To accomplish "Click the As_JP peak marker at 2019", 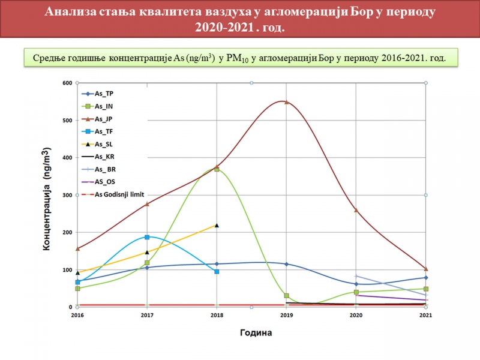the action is (287, 102).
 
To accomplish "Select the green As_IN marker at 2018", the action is (217, 169).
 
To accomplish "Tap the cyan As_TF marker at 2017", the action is (147, 237).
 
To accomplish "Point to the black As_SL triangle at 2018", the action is (217, 226).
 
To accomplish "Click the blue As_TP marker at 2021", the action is (426, 278).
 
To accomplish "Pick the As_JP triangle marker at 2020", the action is (356, 210).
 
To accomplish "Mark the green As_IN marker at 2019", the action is (287, 296).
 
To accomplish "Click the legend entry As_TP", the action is (98, 94).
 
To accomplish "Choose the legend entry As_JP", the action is (98, 119).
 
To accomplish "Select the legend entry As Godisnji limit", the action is (113, 194).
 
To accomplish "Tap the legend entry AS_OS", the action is (98, 182).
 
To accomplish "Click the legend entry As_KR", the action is (98, 157).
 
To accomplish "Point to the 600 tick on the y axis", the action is (68, 83).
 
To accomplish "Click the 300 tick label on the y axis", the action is (68, 195).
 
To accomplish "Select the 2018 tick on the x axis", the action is (217, 315).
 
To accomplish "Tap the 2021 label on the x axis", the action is (425, 315).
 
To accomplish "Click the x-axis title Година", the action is (256, 333).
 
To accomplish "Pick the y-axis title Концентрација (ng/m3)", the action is (47, 199).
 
